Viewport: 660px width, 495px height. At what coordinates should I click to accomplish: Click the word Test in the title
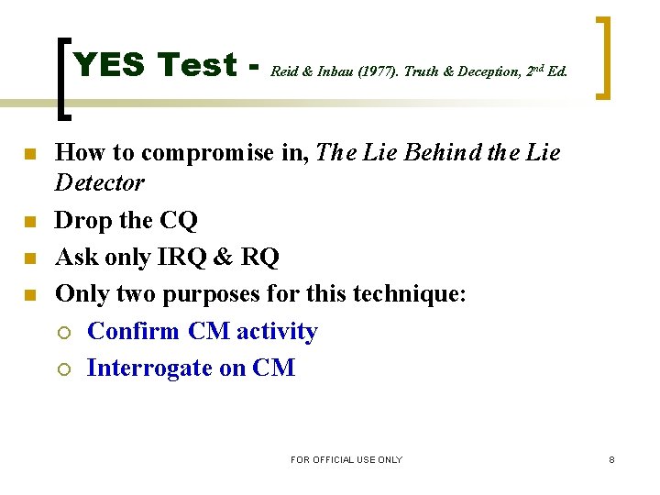coord(197,65)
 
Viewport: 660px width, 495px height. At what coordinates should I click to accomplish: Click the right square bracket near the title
coord(603,58)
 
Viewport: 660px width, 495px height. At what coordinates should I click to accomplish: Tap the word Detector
coord(100,183)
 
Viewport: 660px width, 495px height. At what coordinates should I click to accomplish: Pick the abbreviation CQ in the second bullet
coord(178,221)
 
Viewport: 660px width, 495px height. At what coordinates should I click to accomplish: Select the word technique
coord(412,294)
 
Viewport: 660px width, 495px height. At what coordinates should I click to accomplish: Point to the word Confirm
coord(134,331)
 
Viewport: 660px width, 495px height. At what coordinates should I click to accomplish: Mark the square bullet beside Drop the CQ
coord(29,221)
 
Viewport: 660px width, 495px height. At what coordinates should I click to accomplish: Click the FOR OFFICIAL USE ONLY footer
coord(346,459)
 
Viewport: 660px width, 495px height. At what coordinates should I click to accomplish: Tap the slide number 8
coord(611,459)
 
